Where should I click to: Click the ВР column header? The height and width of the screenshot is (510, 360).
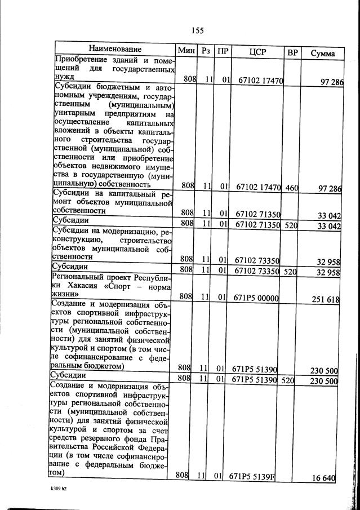pos(292,52)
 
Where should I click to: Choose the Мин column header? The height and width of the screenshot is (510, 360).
pos(186,50)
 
